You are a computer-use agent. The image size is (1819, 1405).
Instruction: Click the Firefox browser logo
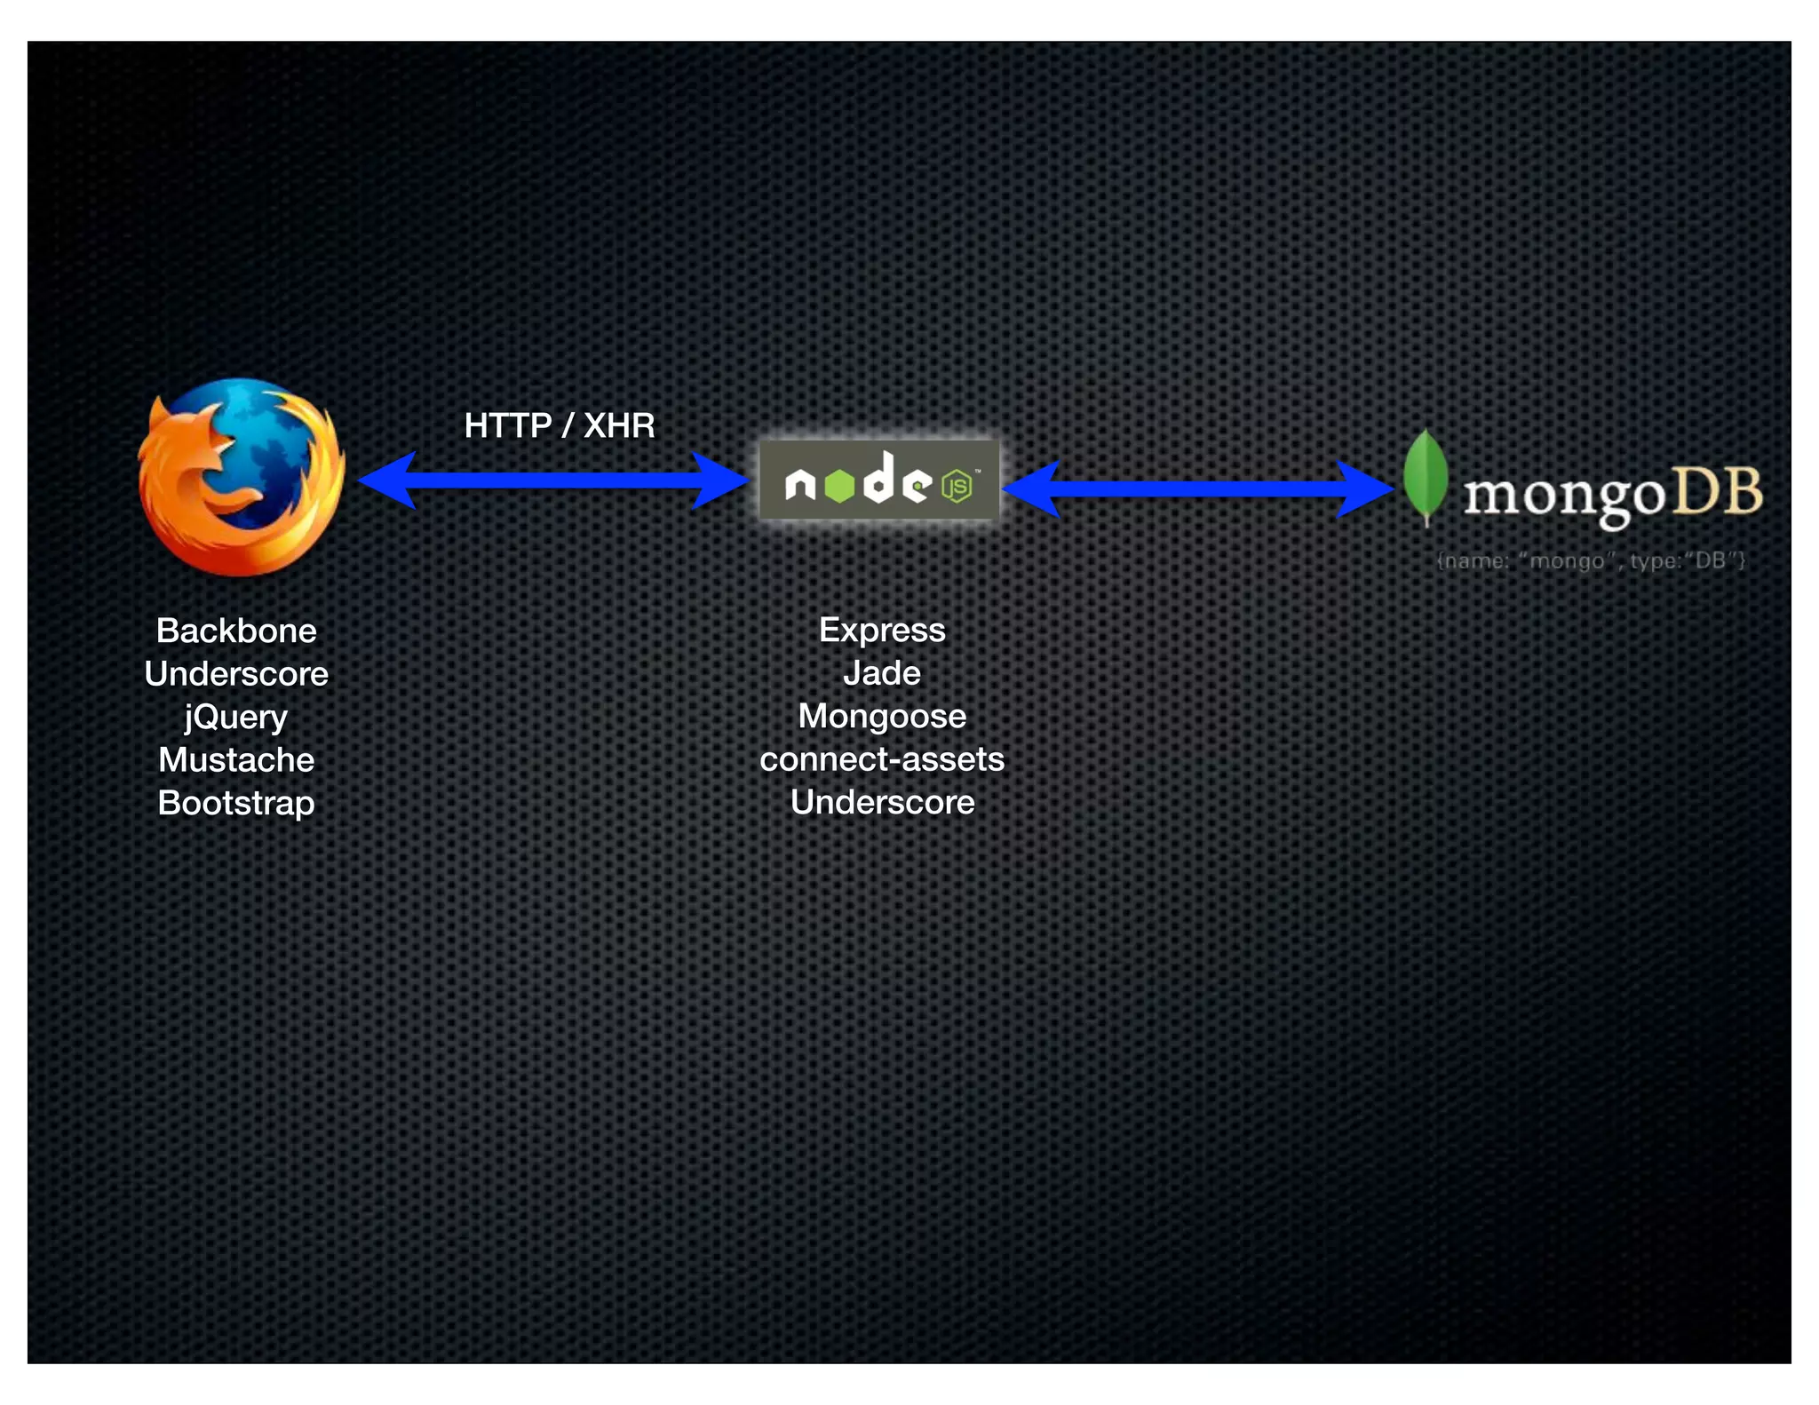(242, 477)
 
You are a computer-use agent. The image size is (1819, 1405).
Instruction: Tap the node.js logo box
(878, 480)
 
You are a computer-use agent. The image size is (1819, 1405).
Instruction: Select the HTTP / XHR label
(560, 425)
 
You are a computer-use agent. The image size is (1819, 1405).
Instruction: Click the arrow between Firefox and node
(552, 480)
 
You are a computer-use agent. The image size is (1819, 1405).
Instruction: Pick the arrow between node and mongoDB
(1197, 488)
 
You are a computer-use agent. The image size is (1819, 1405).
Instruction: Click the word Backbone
(236, 631)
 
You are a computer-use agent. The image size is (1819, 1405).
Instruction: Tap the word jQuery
(236, 717)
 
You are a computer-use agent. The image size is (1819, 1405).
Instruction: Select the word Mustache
(236, 760)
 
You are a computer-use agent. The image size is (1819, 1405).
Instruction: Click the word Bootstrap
(236, 803)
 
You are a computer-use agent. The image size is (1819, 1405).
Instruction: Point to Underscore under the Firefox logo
(236, 674)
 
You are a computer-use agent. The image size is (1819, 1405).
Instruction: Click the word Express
(882, 630)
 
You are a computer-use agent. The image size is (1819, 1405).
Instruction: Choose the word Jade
(882, 673)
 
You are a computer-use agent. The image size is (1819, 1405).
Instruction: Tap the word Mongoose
(882, 716)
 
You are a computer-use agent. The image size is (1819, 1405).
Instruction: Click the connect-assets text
(882, 759)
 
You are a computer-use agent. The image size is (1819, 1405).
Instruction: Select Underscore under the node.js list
(882, 802)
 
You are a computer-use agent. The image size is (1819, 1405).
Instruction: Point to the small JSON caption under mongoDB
(1591, 560)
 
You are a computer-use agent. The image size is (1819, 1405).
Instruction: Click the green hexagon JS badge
(957, 487)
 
